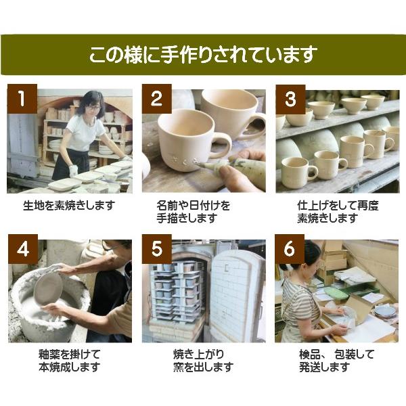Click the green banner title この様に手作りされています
pos(203,55)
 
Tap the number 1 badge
pos(22,99)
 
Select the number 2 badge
pos(157,99)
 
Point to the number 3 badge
pos(290,99)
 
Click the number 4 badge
pos(23,249)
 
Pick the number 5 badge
pos(157,249)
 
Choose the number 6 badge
pos(290,249)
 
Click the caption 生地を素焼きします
pos(69,206)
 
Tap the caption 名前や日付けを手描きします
pos(193,212)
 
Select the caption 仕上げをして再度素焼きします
pos(338,212)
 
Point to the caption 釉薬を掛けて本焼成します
pos(70,360)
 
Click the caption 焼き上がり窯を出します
pos(203,360)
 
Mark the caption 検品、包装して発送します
pos(336,360)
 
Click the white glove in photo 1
pos(73,171)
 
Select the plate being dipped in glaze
pos(49,288)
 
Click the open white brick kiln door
pos(237,296)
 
